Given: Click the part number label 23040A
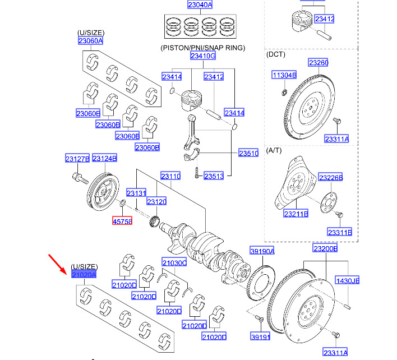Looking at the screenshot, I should [x=200, y=4].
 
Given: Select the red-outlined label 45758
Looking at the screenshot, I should [x=122, y=221].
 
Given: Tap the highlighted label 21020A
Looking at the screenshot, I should [x=84, y=274].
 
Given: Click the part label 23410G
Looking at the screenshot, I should [x=203, y=56].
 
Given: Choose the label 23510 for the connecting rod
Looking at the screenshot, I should [x=248, y=153].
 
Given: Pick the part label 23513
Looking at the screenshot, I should [x=214, y=176].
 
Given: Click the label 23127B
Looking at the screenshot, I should [x=77, y=159].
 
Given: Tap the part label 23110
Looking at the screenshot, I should [x=170, y=176].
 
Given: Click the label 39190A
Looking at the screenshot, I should [x=262, y=251].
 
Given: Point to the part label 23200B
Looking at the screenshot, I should [x=325, y=248].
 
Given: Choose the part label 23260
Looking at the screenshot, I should [x=318, y=62].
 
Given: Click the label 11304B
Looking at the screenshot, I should [x=284, y=75].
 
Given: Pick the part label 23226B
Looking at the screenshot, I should [x=331, y=178].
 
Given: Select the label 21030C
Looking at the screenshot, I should [x=174, y=262].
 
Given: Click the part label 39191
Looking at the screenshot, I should [x=260, y=336].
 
